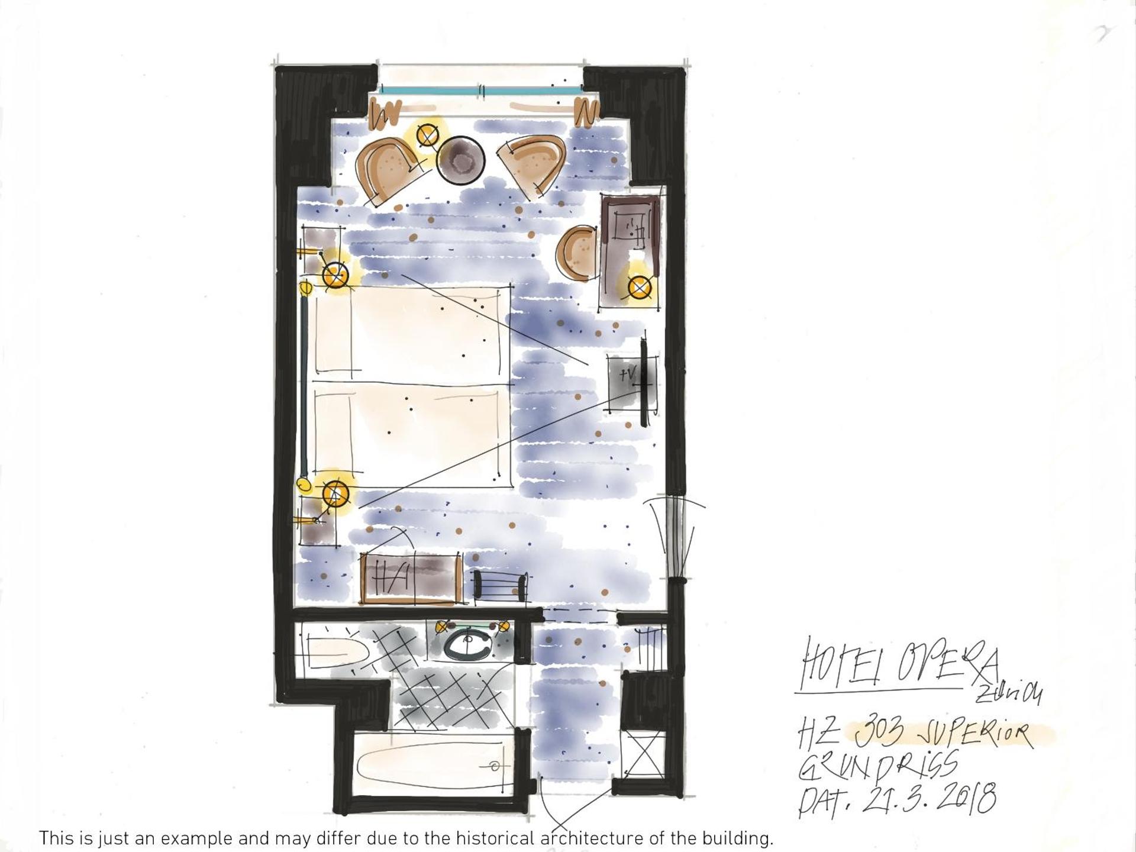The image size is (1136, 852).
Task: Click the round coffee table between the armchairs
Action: tap(461, 160)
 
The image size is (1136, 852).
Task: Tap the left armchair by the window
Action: tap(388, 169)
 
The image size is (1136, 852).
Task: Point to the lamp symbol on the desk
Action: tap(640, 288)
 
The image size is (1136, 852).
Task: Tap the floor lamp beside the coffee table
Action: tap(427, 135)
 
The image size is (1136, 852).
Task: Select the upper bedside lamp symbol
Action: tap(334, 275)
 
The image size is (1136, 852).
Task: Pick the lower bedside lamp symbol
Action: tap(335, 493)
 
